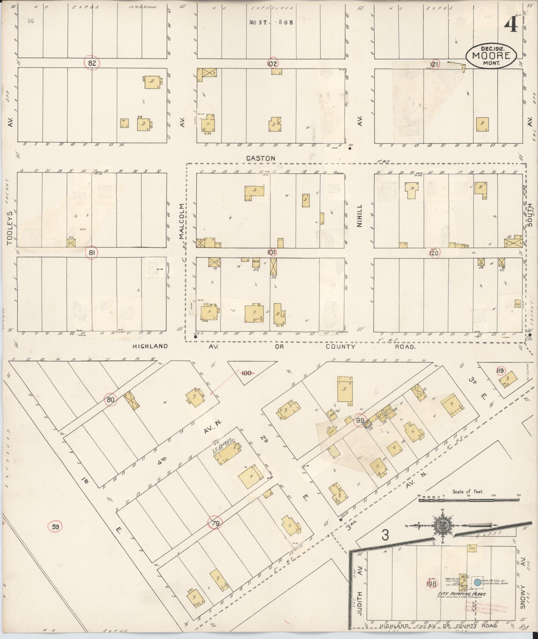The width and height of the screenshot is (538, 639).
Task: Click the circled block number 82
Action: point(92,63)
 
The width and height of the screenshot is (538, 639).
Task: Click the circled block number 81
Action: point(92,253)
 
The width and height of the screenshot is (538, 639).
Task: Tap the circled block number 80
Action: point(111,399)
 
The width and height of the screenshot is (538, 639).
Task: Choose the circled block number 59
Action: point(55,527)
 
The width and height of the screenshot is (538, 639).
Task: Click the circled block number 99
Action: point(360,421)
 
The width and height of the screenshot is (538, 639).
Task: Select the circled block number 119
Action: point(501,371)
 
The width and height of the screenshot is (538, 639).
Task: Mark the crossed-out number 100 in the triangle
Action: point(247,373)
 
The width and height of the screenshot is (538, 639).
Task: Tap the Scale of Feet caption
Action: point(468,492)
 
